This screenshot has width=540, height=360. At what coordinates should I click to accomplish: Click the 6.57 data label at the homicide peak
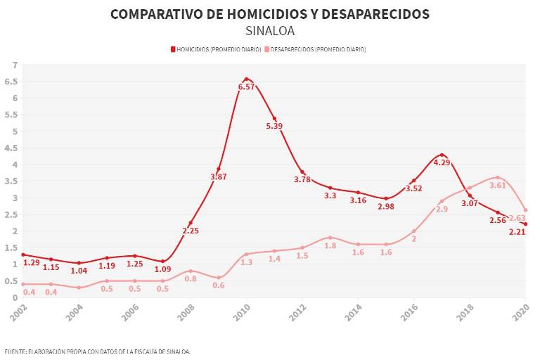[x=246, y=86]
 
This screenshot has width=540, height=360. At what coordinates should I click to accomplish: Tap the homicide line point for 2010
[x=246, y=79]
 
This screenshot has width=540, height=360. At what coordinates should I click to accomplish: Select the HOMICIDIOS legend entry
[x=217, y=49]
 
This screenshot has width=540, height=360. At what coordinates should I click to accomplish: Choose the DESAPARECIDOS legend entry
[x=316, y=49]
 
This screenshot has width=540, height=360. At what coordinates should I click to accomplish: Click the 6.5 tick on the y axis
[x=12, y=82]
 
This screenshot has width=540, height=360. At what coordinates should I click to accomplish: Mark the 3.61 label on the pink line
[x=498, y=186]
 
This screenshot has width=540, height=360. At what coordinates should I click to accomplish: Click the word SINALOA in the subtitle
[x=270, y=31]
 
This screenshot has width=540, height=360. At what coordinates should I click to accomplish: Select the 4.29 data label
[x=442, y=162]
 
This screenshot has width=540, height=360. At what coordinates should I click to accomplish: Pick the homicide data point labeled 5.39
[x=274, y=118]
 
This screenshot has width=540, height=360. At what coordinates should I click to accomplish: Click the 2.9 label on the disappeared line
[x=442, y=209]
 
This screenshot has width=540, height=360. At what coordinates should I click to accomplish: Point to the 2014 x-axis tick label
[x=357, y=311]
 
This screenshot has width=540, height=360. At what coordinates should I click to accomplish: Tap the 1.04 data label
[x=79, y=271]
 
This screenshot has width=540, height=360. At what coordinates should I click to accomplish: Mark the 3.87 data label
[x=219, y=176]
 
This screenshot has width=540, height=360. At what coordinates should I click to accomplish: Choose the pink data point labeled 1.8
[x=330, y=238]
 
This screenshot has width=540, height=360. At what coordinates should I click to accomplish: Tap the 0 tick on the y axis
[x=15, y=297]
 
